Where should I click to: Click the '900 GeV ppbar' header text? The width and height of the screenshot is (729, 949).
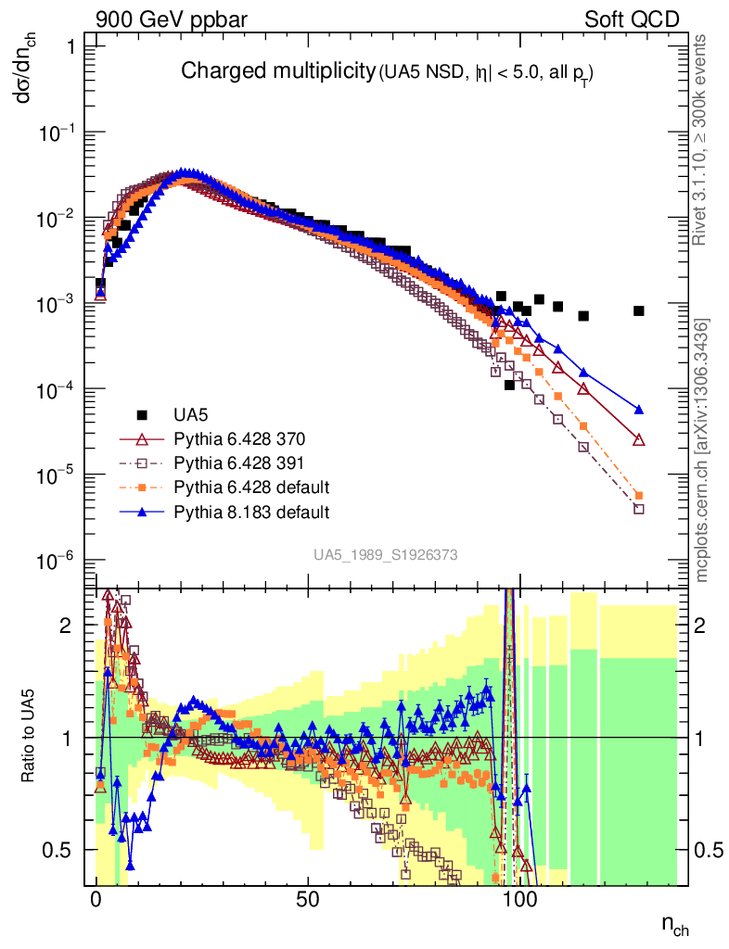164,19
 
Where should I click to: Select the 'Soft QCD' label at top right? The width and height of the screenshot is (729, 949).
632,19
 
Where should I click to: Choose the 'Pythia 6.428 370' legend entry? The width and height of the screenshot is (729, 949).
238,438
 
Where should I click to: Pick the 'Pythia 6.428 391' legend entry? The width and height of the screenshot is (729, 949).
238,462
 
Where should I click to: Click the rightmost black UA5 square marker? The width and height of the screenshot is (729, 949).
639,310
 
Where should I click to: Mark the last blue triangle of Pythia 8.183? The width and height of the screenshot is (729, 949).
639,409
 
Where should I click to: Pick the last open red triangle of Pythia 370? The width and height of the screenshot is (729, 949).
639,440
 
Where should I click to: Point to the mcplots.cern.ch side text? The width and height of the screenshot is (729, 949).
703,450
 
